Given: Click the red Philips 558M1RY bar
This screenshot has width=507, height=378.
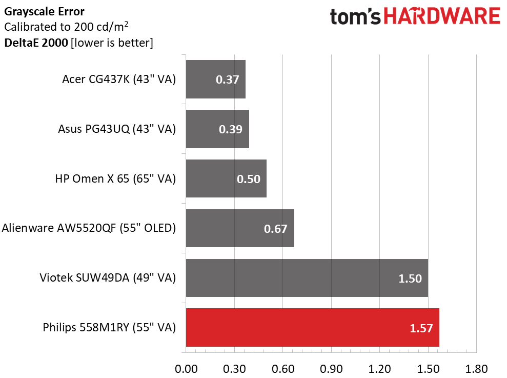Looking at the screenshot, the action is [312, 328].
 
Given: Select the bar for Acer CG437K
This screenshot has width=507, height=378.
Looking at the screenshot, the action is [216, 79].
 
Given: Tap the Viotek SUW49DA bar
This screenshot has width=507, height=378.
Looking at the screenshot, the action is [307, 278].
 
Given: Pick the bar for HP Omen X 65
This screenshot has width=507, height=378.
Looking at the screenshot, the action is [226, 178].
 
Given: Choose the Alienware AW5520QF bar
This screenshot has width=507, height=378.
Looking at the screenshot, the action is [240, 228].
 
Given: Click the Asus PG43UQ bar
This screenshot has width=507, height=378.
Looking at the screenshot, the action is [217, 129].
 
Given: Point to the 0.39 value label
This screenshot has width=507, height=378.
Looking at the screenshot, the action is [231, 129].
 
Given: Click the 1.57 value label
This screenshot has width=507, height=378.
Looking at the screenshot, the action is [421, 328].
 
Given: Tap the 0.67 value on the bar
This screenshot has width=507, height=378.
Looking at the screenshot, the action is [275, 229].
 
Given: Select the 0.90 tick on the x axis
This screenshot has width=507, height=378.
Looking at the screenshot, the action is [331, 369].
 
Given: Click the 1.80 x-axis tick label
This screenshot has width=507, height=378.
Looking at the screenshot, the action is [476, 369].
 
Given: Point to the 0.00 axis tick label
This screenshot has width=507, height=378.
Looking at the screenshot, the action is [186, 369].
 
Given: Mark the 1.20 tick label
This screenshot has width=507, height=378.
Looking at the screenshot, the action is [379, 369].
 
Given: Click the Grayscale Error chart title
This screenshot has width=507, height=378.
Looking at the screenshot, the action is [44, 12].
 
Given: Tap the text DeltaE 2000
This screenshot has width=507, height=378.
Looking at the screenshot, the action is [36, 43].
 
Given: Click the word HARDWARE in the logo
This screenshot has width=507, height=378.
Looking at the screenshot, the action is [442, 16].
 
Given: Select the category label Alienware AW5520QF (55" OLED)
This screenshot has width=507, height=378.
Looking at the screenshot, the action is [89, 228].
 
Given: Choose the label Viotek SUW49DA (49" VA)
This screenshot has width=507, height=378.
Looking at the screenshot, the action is [108, 277].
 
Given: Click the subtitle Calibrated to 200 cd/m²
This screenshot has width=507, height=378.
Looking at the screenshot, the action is [66, 27].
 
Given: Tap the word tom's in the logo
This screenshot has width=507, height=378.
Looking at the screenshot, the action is [355, 17].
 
